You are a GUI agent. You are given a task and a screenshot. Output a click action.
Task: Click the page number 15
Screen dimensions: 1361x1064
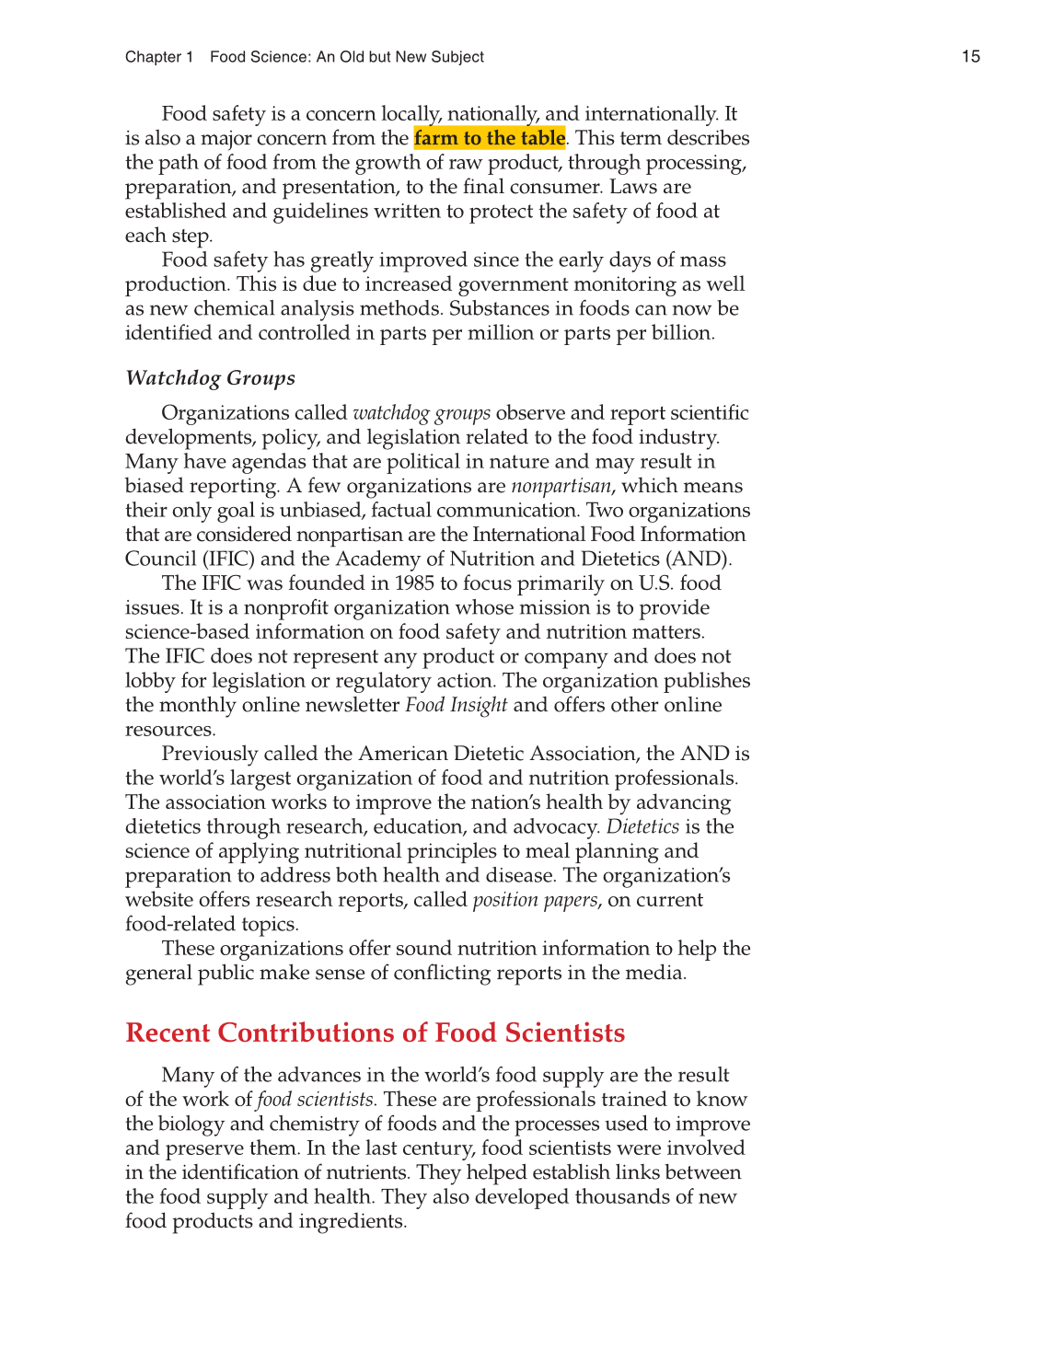click(x=970, y=56)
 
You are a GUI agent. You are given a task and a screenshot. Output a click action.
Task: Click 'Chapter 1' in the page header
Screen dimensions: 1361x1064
click(x=159, y=57)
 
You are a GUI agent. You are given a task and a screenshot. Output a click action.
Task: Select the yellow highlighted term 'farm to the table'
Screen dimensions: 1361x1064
click(x=490, y=138)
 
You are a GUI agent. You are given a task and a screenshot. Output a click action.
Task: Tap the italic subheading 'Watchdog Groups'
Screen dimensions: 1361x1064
click(x=210, y=378)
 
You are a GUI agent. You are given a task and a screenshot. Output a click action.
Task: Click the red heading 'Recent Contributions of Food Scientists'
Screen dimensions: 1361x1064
click(x=375, y=1032)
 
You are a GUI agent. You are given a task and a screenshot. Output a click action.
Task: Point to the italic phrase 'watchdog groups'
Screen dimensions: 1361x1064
click(x=422, y=412)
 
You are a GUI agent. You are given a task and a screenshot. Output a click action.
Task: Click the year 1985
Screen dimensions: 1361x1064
click(x=414, y=583)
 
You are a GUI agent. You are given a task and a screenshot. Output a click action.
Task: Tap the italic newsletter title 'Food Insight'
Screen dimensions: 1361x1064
click(x=456, y=705)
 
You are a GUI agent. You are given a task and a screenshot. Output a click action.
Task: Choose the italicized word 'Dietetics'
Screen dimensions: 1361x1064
click(x=642, y=826)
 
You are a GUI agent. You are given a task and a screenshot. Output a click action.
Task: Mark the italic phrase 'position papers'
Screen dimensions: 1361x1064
click(x=535, y=900)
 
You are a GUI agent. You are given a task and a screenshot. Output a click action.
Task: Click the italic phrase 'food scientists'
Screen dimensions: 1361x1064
click(x=316, y=1100)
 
